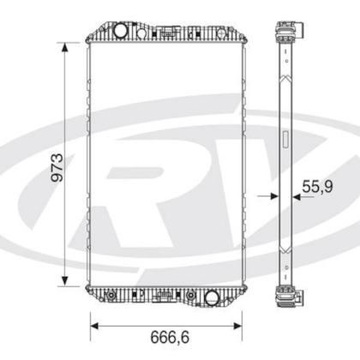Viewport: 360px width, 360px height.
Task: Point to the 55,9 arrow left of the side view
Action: (272, 195)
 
